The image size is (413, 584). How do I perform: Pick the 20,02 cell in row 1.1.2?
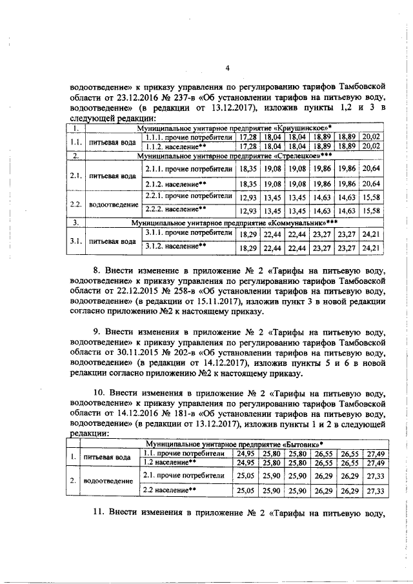pyautogui.click(x=372, y=146)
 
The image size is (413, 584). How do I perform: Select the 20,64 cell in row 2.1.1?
pyautogui.click(x=372, y=168)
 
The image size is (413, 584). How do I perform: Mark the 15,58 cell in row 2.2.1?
pyautogui.click(x=372, y=196)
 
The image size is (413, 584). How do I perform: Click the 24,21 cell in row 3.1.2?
pyautogui.click(x=372, y=247)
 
